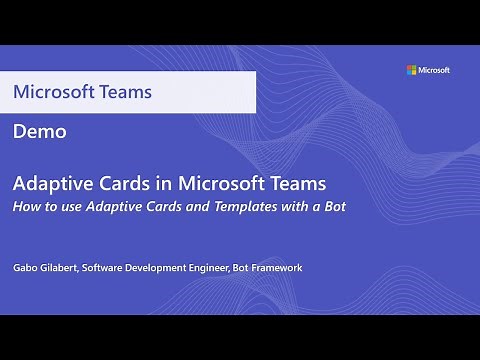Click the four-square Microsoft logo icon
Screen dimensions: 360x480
coord(411,70)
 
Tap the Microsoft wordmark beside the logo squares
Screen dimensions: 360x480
coord(434,70)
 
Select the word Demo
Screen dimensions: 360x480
coord(40,131)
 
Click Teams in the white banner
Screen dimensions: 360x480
coord(127,92)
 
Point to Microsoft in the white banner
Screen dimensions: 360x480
coord(55,92)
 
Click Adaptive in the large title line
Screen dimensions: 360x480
coord(50,185)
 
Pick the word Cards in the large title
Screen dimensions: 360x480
coord(119,185)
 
